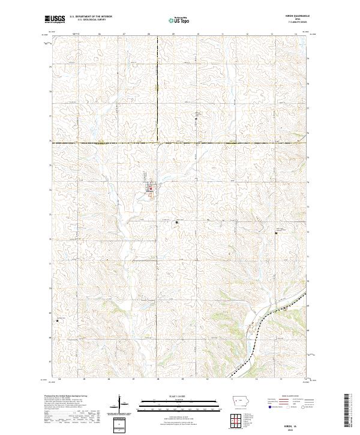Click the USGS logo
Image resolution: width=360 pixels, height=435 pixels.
(55, 19)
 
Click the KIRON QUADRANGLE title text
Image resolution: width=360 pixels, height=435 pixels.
(293, 16)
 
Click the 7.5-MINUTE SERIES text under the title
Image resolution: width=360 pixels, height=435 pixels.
(293, 22)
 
